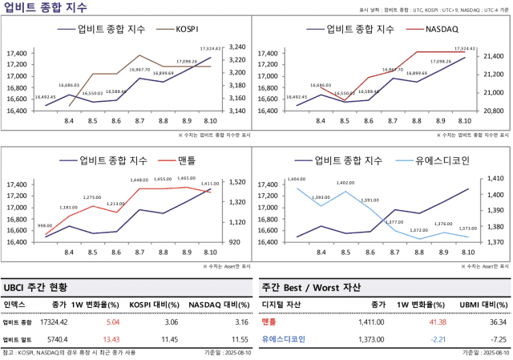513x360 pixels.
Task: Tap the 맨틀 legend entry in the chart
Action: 184,160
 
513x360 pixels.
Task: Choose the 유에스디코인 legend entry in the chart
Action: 442,160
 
